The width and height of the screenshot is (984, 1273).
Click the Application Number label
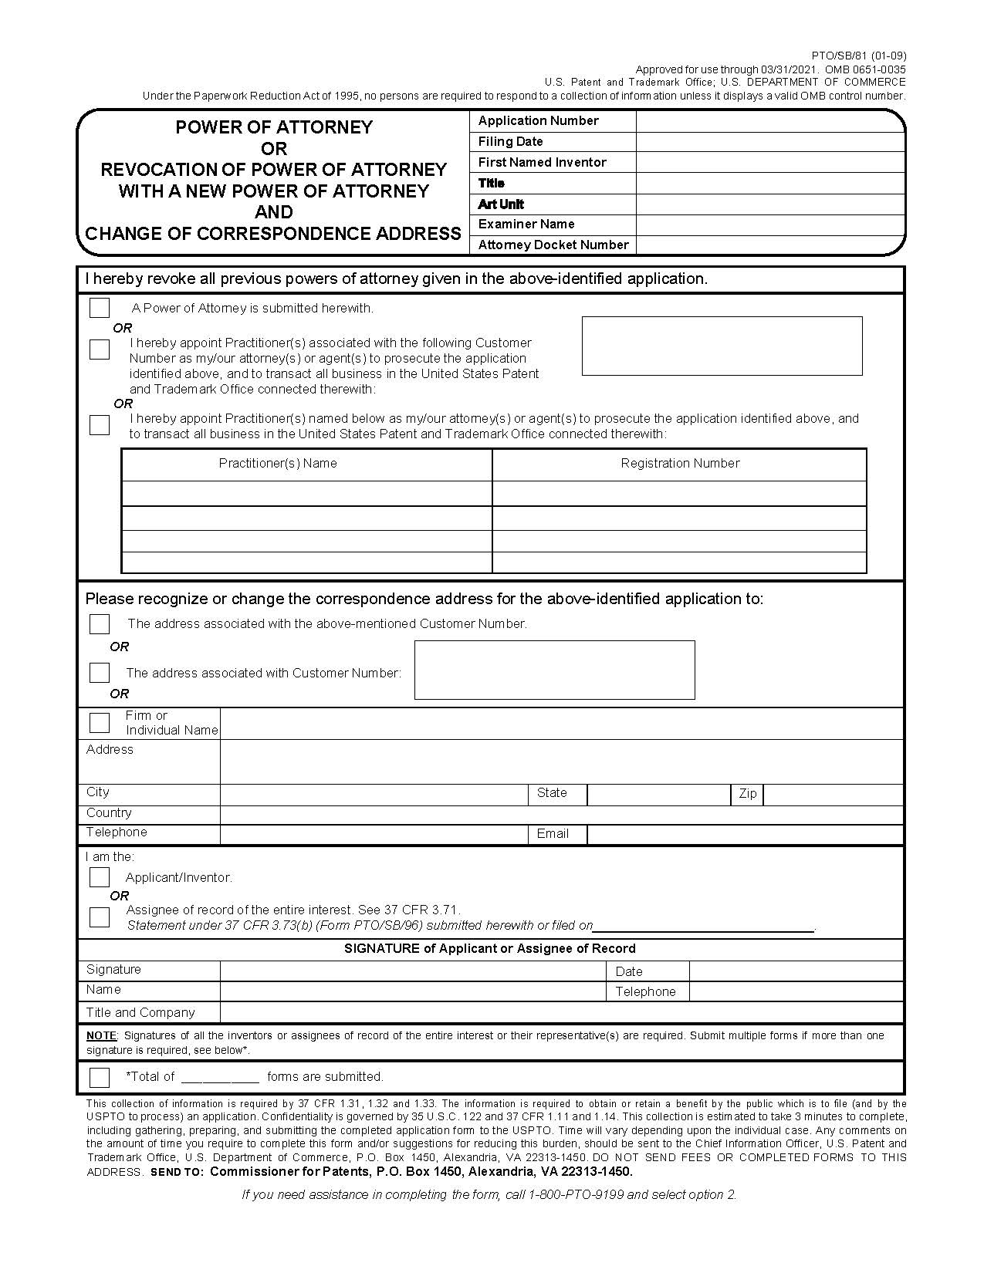(x=538, y=120)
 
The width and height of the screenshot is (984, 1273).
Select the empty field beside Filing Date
(x=769, y=142)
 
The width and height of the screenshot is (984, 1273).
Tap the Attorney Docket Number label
(x=553, y=245)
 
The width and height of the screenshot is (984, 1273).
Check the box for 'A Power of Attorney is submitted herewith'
(x=100, y=308)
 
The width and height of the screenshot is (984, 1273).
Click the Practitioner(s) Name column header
(x=278, y=463)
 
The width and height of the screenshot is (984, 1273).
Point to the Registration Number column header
(x=680, y=463)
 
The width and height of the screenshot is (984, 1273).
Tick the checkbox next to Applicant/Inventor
(x=100, y=877)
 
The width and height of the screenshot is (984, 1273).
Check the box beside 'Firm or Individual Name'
(x=100, y=723)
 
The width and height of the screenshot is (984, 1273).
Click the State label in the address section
(x=552, y=792)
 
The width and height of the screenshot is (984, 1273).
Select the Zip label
(x=747, y=793)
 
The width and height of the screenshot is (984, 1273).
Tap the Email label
(x=553, y=833)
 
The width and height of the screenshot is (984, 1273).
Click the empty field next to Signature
(x=413, y=971)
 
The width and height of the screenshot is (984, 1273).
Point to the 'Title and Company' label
(x=140, y=1012)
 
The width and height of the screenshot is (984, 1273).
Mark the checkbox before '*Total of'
(x=100, y=1076)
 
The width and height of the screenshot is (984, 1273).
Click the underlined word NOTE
(x=100, y=1035)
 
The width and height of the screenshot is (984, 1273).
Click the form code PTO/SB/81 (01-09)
(x=859, y=56)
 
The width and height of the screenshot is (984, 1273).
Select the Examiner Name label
(x=526, y=224)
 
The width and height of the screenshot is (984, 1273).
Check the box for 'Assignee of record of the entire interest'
(x=100, y=917)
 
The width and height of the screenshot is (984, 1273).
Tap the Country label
(x=109, y=812)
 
